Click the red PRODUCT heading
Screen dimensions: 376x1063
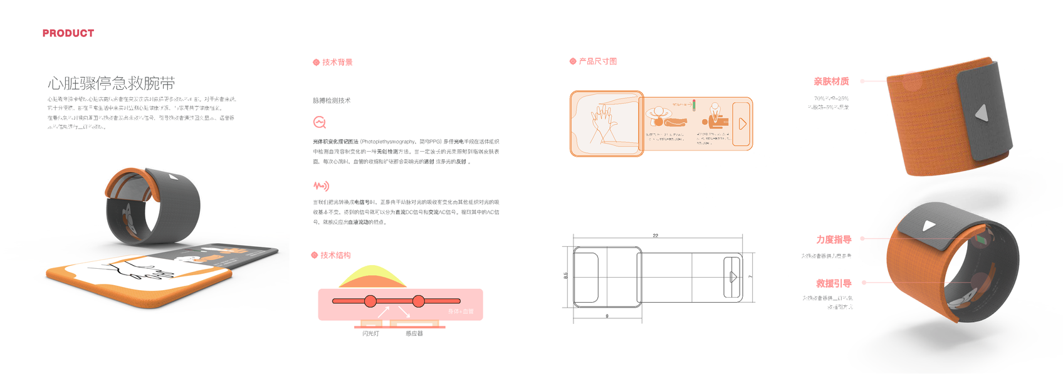(x=68, y=33)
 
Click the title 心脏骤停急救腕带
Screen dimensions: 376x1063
(x=111, y=83)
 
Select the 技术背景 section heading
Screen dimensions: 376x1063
(x=337, y=62)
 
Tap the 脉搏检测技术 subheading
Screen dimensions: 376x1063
(x=332, y=100)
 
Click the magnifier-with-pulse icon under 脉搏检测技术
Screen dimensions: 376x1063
(x=320, y=122)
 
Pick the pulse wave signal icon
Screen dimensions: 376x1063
(x=321, y=186)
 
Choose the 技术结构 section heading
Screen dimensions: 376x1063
(x=335, y=255)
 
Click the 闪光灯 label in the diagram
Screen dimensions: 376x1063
(x=370, y=333)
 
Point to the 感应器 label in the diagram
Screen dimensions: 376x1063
(x=414, y=333)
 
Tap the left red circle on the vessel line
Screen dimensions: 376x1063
(x=370, y=301)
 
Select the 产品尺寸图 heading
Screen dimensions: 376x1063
(x=597, y=61)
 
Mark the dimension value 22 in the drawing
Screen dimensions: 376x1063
(x=656, y=236)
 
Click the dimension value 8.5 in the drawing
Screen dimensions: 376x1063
(x=566, y=275)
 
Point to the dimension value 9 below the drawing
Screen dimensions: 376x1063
(x=607, y=316)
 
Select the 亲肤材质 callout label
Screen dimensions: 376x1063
(x=831, y=81)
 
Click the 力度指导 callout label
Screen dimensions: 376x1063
(x=834, y=239)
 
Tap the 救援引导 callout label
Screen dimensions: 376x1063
(x=834, y=283)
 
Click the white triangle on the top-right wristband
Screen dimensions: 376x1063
(x=982, y=113)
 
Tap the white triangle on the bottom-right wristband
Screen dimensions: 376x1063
(x=929, y=226)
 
